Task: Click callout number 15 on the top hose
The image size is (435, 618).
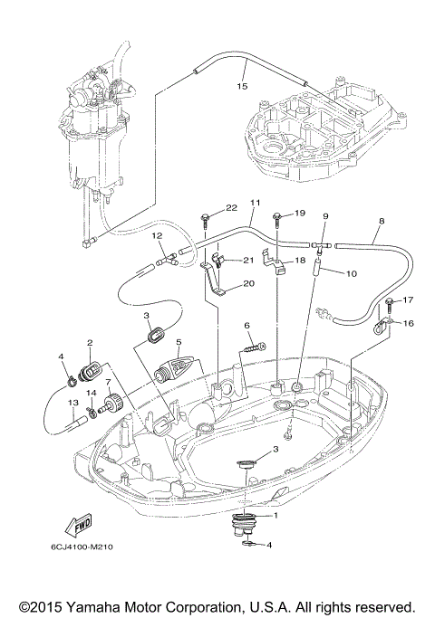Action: point(241,87)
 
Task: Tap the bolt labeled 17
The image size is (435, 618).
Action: point(391,301)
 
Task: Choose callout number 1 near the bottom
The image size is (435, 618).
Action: point(276,516)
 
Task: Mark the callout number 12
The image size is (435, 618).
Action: point(157,235)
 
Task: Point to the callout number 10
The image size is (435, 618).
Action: point(352,272)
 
